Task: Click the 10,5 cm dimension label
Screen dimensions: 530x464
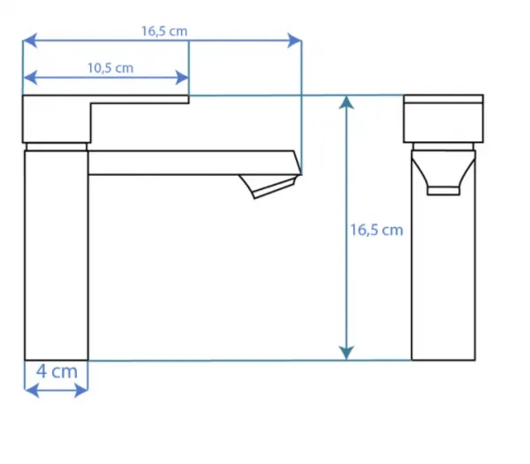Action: pos(110,68)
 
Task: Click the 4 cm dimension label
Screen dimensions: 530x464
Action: pos(57,371)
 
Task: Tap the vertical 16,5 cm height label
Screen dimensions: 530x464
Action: pos(376,231)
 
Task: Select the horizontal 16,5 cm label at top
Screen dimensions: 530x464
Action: pos(164,31)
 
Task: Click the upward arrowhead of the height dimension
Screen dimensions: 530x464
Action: pos(346,103)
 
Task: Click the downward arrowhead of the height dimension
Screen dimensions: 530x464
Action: pos(346,354)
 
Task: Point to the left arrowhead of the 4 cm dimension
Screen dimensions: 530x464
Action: pos(32,391)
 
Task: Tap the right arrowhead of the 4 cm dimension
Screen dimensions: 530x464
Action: pos(80,391)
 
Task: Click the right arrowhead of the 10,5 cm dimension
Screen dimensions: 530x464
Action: pos(182,78)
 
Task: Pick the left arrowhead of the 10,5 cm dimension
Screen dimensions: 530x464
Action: pos(30,78)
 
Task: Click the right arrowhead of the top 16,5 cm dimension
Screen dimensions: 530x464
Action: pos(294,41)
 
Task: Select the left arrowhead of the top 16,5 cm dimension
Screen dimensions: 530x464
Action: pos(30,41)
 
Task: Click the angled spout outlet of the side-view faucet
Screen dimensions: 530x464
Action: pos(269,186)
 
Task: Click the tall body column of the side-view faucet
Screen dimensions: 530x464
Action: pos(57,255)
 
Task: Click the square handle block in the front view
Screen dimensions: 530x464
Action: pos(443,118)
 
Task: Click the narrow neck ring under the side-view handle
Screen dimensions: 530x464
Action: pos(57,147)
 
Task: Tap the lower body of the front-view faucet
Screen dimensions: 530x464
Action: pos(443,278)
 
